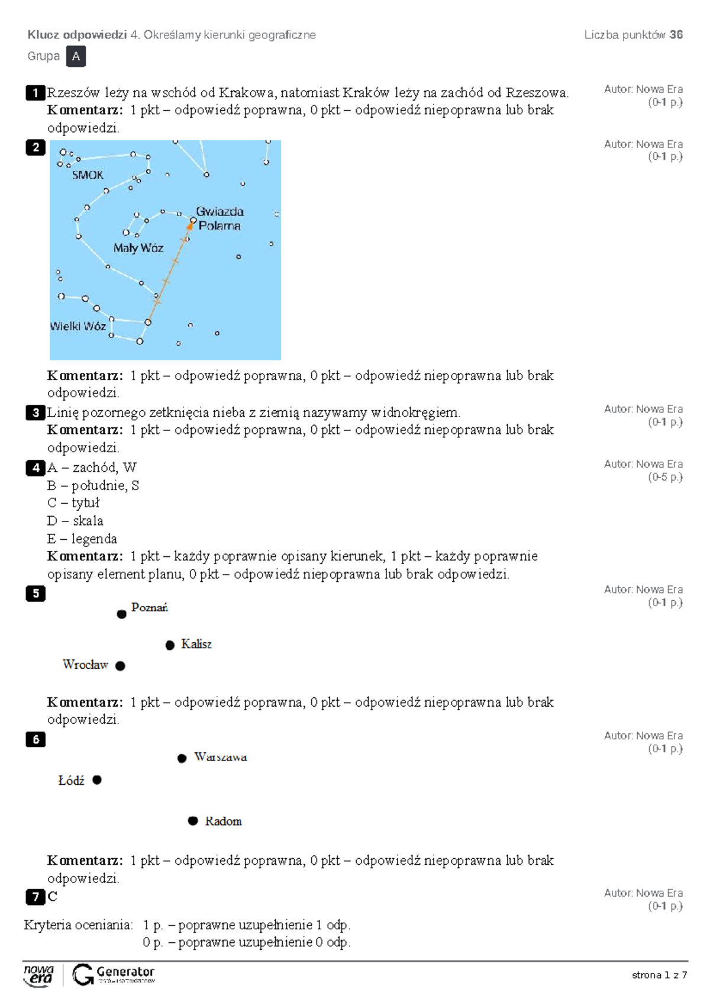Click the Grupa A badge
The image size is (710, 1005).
click(x=76, y=57)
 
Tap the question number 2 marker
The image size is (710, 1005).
click(x=36, y=147)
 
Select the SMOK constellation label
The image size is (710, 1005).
click(x=88, y=175)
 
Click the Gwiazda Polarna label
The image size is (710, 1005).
click(x=220, y=218)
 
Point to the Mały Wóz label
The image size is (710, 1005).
click(x=138, y=248)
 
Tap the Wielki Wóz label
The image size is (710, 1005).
click(x=78, y=326)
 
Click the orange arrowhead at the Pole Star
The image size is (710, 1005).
click(x=190, y=226)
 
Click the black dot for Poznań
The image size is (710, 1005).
click(x=121, y=614)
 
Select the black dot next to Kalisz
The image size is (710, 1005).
click(x=170, y=645)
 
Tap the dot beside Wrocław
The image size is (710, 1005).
click(x=120, y=666)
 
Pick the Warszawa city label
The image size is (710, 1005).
click(x=221, y=757)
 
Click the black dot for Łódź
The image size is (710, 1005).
click(x=97, y=779)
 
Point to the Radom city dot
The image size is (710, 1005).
click(x=193, y=820)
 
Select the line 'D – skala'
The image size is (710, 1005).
click(x=75, y=521)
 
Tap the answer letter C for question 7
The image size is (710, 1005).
click(x=53, y=897)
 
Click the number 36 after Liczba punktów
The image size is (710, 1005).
click(x=676, y=35)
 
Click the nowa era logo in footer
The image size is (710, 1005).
click(x=38, y=976)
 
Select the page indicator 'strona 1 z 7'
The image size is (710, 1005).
click(x=659, y=975)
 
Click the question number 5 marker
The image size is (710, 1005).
click(x=36, y=594)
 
